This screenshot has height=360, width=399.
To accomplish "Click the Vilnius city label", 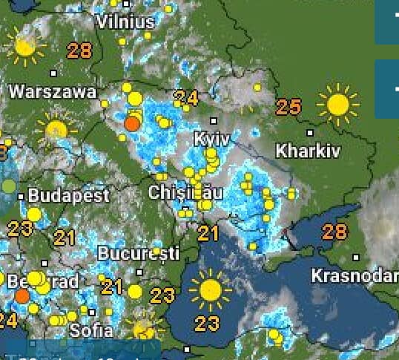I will point(125,22).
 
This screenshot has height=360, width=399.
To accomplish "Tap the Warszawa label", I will point(53,93).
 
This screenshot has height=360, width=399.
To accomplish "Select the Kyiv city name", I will point(211,139).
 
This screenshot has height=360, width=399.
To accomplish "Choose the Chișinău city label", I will point(185,193).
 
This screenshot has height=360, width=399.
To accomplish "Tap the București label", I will point(139,253).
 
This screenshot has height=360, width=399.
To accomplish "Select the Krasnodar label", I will point(355,275).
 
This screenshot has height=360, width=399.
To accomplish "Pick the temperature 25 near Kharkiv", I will point(288,107).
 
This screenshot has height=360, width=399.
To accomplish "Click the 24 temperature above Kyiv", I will point(186,97).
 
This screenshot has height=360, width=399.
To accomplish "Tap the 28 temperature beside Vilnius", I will point(79,50).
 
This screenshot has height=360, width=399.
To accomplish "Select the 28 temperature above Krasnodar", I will point(334,231).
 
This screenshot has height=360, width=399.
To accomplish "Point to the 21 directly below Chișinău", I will point(208,234).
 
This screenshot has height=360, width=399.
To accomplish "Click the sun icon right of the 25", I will point(337,105).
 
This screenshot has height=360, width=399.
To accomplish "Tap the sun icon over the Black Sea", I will point(210,289).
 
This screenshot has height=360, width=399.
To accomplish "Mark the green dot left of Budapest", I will point(8,186).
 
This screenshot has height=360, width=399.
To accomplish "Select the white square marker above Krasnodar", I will point(357,258).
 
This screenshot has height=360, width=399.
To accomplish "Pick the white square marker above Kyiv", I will point(214,120).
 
